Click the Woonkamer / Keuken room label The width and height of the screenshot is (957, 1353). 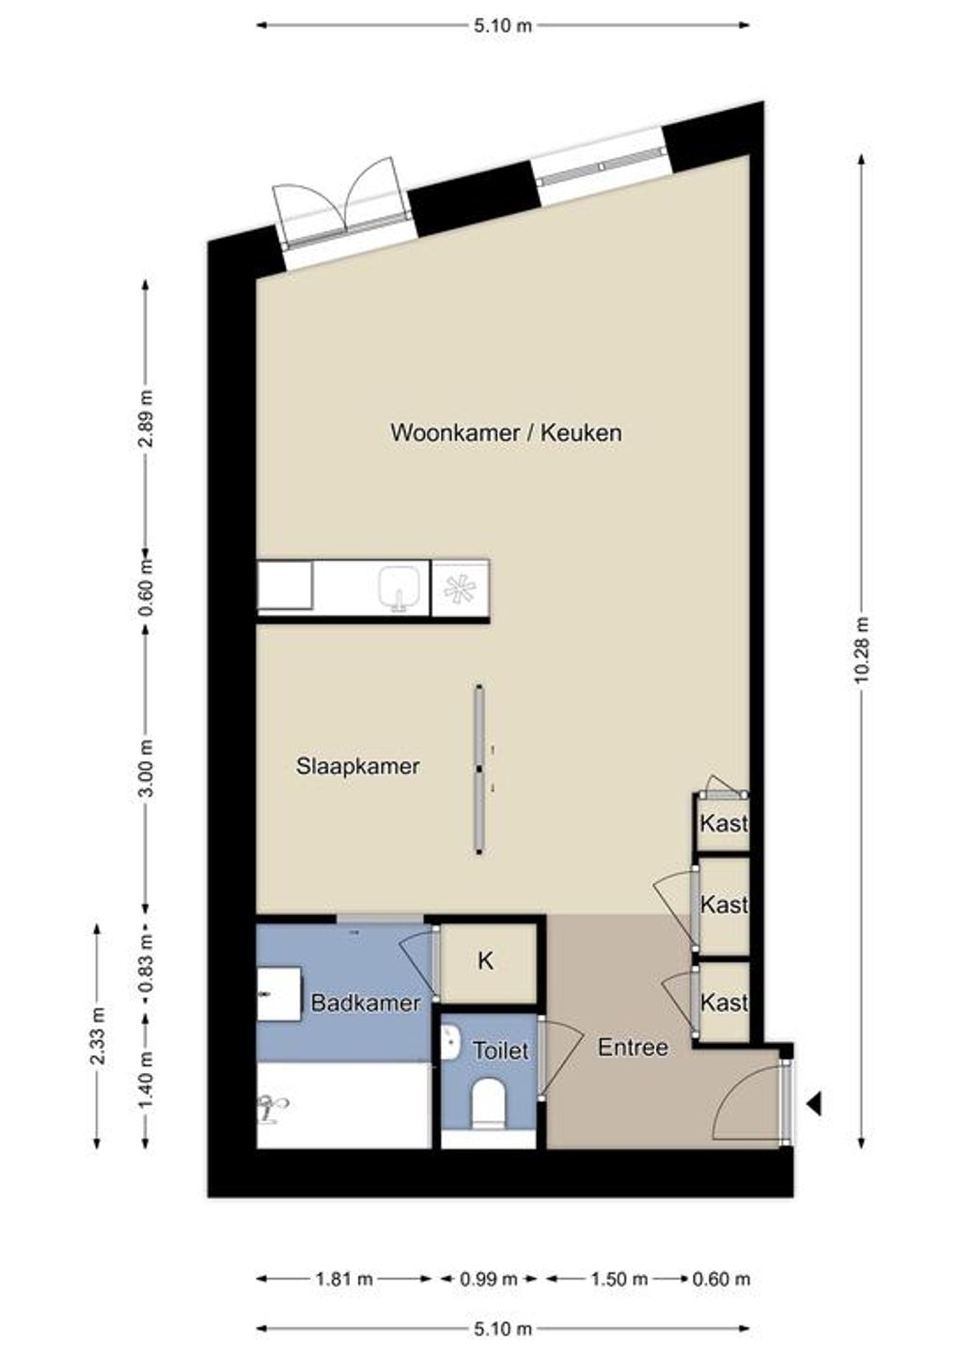[x=506, y=433]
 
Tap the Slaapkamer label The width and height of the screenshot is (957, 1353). [x=357, y=766]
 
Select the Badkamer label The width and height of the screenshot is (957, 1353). [x=366, y=1003]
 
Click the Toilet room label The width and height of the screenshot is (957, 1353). [x=500, y=1050]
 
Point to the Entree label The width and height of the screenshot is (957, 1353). [x=633, y=1047]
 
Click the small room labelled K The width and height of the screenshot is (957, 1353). [x=486, y=961]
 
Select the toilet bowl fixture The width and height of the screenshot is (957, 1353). [x=488, y=1101]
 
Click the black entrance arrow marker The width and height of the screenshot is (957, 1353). [x=813, y=1104]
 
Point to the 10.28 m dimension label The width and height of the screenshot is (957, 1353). [x=861, y=651]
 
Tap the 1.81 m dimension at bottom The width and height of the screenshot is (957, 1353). [x=344, y=1279]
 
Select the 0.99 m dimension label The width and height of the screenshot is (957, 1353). [x=489, y=1279]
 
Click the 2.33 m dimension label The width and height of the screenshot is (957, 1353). [x=97, y=1035]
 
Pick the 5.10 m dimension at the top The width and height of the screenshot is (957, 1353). [x=503, y=25]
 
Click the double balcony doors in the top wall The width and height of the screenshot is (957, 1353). [x=343, y=211]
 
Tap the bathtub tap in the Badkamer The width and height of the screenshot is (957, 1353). [x=274, y=1108]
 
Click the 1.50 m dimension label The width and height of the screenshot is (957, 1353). [x=619, y=1279]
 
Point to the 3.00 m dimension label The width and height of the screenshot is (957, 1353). [x=145, y=768]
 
